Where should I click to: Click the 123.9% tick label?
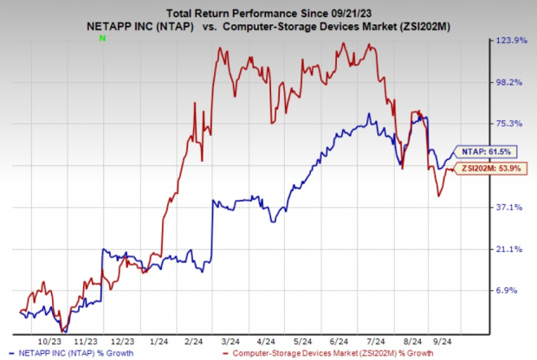pos(517,42)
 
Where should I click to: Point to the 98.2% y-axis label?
pos(517,82)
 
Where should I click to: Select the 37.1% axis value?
pos(517,207)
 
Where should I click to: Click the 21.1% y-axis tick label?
pos(517,249)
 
